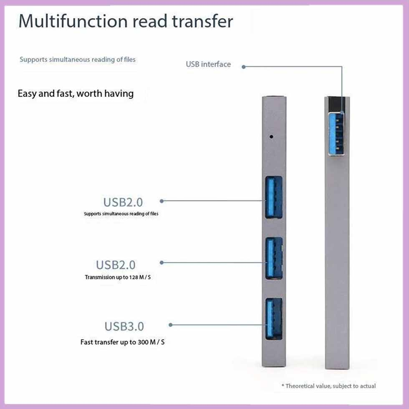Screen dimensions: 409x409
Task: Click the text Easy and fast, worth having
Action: coord(76,93)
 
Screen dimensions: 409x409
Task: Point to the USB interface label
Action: coord(208,64)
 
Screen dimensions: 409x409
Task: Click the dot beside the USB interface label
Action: coord(244,66)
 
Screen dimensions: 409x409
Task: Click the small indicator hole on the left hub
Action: coord(272,136)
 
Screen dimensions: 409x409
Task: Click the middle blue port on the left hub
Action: coord(273,259)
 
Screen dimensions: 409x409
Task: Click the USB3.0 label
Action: coord(124,326)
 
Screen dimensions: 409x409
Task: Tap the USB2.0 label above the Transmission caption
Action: coord(116,265)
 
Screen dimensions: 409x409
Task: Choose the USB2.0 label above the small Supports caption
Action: coord(123,202)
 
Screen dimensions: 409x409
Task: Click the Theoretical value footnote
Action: coord(328,386)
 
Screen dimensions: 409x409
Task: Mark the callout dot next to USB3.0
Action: coord(170,324)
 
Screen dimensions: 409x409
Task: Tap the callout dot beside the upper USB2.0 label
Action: coord(162,201)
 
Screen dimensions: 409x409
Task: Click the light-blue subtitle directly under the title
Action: coord(78,59)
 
